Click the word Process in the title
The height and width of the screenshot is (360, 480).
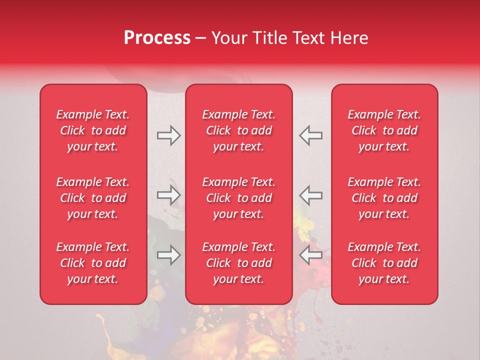coord(157,38)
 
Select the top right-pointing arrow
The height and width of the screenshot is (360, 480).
coord(168,135)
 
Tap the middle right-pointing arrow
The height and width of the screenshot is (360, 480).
coord(168,195)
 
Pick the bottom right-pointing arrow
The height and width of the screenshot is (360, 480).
coord(168,255)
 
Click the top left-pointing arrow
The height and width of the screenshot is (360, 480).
coord(311,135)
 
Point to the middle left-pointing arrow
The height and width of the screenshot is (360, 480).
coord(311,195)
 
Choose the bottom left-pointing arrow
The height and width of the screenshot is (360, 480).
coord(311,255)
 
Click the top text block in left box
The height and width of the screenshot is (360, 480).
coord(93,130)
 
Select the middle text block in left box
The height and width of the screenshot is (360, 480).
coord(93,198)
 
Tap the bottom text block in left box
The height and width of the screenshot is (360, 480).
coord(93,263)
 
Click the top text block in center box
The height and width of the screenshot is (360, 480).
coord(239,130)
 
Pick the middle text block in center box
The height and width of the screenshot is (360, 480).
coord(239,198)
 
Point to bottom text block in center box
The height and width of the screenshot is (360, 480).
coord(239,263)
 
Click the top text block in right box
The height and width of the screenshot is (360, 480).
coord(384,130)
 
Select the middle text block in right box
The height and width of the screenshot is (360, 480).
coord(384,198)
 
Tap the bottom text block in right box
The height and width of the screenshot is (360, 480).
coord(384,263)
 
